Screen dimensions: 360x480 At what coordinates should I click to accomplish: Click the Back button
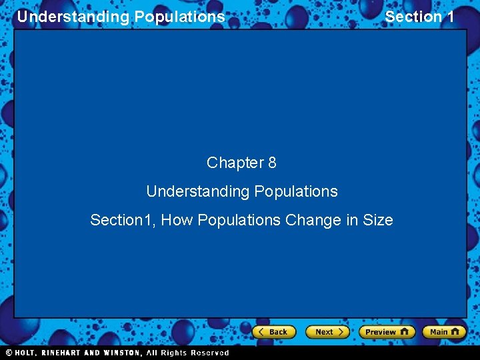pyautogui.click(x=273, y=332)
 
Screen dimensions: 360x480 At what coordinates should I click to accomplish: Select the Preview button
pyautogui.click(x=386, y=332)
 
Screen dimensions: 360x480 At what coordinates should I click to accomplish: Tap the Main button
pyautogui.click(x=444, y=332)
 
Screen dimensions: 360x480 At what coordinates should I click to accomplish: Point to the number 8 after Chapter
pyautogui.click(x=271, y=163)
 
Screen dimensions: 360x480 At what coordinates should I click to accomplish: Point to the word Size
pyautogui.click(x=377, y=220)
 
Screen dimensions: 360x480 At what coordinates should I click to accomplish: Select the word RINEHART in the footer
pyautogui.click(x=65, y=353)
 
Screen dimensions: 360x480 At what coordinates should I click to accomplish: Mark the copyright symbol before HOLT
pyautogui.click(x=8, y=353)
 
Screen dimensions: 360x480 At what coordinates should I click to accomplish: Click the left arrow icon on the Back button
pyautogui.click(x=262, y=332)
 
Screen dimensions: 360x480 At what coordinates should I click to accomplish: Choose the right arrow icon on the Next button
pyautogui.click(x=340, y=332)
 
